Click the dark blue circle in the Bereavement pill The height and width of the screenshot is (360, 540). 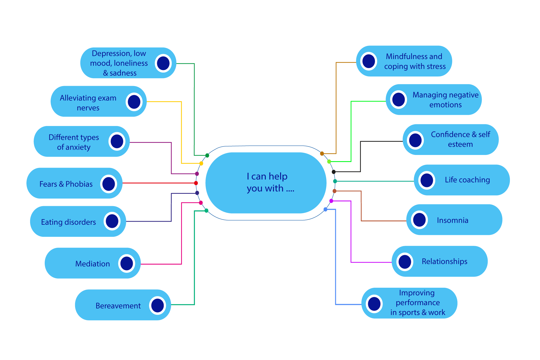[x=157, y=305]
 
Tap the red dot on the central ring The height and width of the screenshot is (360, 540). [x=196, y=183]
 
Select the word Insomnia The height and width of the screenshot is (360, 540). [x=453, y=220]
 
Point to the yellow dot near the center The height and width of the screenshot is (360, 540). [x=201, y=163]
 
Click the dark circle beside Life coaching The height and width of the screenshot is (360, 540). [x=427, y=180]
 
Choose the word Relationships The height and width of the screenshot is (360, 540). [x=444, y=261]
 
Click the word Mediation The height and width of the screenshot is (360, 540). [x=93, y=264]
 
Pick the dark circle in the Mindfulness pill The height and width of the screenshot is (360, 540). [x=369, y=61]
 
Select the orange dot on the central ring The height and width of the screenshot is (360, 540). [x=322, y=154]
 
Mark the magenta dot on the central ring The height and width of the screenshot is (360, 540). [x=331, y=201]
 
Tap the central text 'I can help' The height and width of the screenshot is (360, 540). [x=267, y=176]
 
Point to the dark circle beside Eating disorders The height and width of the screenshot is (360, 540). [x=112, y=221]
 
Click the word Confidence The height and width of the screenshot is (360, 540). [x=450, y=134]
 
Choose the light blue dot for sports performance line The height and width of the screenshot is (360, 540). [x=325, y=210]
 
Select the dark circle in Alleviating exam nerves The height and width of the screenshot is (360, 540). [x=134, y=102]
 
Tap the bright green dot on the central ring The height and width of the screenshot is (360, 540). [x=329, y=161]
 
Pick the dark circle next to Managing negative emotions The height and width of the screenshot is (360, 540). [x=399, y=100]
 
